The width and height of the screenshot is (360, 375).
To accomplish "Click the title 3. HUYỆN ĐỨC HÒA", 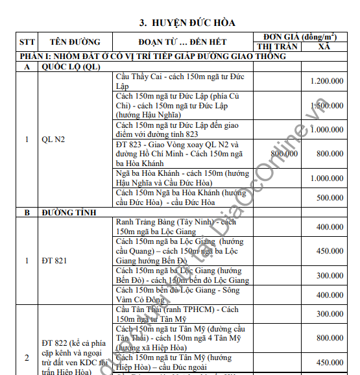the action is (x=187, y=23).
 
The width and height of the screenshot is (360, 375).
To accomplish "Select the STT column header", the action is (x=27, y=42).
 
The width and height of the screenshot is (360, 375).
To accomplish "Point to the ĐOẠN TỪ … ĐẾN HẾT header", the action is (x=183, y=42).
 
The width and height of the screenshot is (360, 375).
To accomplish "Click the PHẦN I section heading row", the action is (x=152, y=56).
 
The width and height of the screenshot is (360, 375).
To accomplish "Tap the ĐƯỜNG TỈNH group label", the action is (x=69, y=212).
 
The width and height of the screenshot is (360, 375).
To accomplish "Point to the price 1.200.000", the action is (x=327, y=81).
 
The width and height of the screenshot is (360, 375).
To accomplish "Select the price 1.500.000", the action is (x=327, y=105).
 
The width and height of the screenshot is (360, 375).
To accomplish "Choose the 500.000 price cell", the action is (x=330, y=197).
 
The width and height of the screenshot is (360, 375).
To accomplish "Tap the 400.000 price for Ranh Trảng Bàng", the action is (x=330, y=227).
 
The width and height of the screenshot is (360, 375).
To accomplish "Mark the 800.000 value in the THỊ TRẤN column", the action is (x=284, y=154).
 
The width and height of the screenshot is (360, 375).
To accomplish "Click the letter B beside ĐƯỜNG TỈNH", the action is (x=27, y=212).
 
